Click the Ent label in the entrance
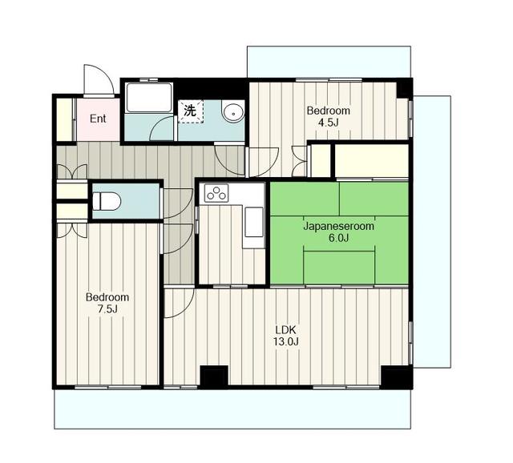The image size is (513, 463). pyautogui.click(x=98, y=119)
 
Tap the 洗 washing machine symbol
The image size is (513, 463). pyautogui.click(x=191, y=111)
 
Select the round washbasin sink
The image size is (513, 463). pyautogui.click(x=232, y=113)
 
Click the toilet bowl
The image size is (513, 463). pyautogui.click(x=107, y=201)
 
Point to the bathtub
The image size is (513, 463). pyautogui.click(x=149, y=98)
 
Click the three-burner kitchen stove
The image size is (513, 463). pyautogui.click(x=216, y=193)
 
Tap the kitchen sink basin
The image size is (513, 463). pyautogui.click(x=254, y=221)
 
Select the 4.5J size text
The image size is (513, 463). pyautogui.click(x=328, y=123)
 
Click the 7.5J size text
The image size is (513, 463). pyautogui.click(x=107, y=308)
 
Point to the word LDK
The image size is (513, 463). pyautogui.click(x=285, y=329)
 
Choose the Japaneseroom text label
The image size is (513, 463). pyautogui.click(x=338, y=226)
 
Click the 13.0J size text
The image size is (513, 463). pyautogui.click(x=285, y=342)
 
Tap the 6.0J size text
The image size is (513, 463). pyautogui.click(x=338, y=238)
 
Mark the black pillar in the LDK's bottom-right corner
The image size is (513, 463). pyautogui.click(x=396, y=377)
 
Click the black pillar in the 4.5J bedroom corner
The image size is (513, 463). pyautogui.click(x=403, y=88)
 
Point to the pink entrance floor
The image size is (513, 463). pyautogui.click(x=98, y=119)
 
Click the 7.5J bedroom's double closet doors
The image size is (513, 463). pyautogui.click(x=72, y=230)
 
